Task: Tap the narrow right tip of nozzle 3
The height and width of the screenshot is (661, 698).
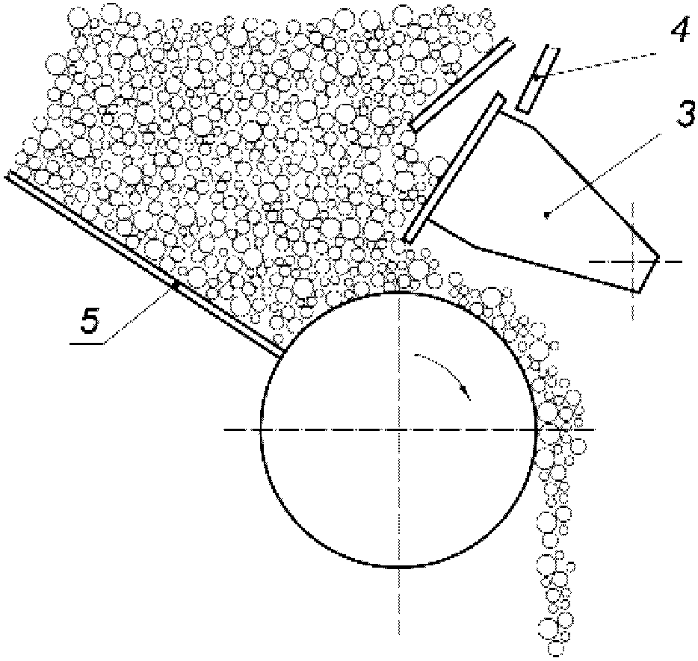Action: click(658, 260)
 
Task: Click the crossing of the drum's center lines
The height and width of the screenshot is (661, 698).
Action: click(399, 429)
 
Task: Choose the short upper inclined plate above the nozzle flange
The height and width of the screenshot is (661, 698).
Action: click(462, 85)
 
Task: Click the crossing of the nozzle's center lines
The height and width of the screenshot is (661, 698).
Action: click(633, 261)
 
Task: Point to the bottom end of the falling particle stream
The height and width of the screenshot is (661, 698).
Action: click(555, 651)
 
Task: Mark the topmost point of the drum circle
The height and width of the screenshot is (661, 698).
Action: click(399, 292)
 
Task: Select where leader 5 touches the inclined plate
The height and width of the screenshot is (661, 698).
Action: click(176, 284)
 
